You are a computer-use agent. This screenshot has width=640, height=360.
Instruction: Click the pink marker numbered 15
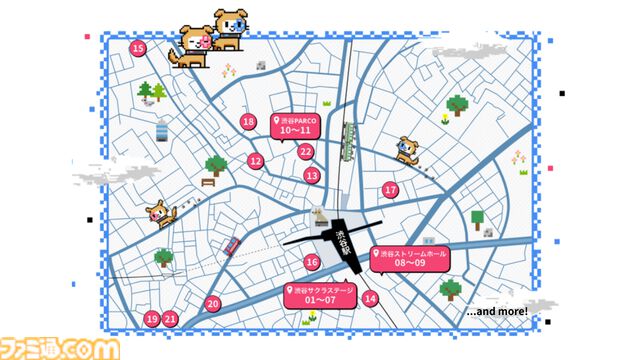click(138, 48)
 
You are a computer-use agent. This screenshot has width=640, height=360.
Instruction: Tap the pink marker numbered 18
click(249, 122)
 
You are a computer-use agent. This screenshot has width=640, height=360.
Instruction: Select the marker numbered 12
click(256, 161)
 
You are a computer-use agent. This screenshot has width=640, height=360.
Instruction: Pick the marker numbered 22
click(306, 152)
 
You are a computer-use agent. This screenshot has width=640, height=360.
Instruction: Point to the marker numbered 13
click(312, 175)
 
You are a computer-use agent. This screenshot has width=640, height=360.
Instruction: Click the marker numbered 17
click(390, 189)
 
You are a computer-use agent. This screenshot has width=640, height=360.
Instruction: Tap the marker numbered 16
click(312, 262)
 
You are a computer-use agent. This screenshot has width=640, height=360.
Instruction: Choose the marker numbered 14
click(371, 298)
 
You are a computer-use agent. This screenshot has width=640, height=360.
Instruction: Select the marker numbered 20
click(212, 303)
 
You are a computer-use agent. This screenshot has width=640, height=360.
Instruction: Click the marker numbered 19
click(152, 319)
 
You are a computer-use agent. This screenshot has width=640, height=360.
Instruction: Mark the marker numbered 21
click(171, 319)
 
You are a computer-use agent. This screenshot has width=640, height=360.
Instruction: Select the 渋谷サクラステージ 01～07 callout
click(321, 296)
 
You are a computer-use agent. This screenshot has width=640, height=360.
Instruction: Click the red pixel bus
click(231, 246)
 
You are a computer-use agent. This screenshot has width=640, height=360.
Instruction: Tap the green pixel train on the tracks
click(348, 140)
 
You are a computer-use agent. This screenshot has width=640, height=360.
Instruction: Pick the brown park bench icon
click(208, 183)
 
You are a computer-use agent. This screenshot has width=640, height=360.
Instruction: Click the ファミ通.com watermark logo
click(60, 346)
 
